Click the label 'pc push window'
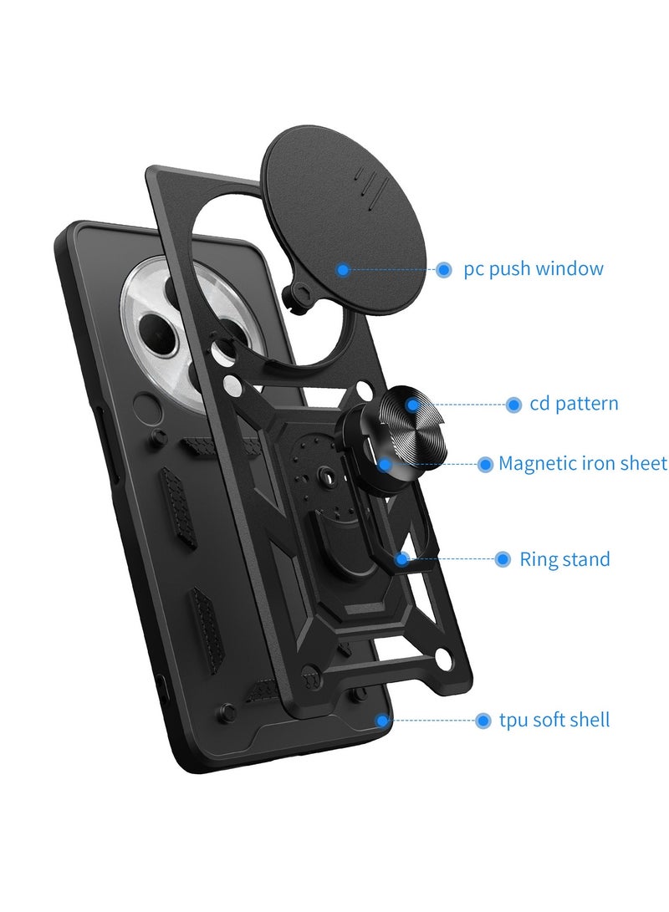(533, 269)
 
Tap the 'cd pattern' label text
(574, 404)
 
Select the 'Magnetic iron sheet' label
(582, 463)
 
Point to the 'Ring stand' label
(564, 559)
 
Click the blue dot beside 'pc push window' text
(444, 269)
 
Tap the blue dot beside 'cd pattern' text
(513, 405)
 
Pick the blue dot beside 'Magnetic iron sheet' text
(485, 464)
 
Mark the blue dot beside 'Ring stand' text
(503, 559)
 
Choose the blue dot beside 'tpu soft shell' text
(483, 720)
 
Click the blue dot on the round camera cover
(343, 269)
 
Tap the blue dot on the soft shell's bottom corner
(382, 720)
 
